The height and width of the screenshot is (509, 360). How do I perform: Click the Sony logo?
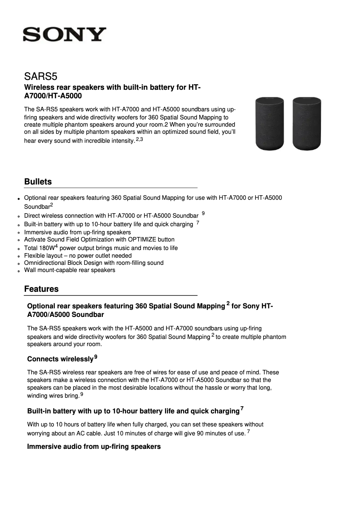[65, 35]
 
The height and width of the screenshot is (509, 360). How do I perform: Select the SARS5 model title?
[41, 76]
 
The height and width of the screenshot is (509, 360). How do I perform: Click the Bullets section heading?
[38, 182]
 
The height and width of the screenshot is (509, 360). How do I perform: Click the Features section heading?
[41, 289]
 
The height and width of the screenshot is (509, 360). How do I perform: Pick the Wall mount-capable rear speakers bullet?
[70, 270]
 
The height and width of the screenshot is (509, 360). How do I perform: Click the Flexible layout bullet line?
[78, 255]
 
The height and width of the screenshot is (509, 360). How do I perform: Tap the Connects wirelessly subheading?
[60, 359]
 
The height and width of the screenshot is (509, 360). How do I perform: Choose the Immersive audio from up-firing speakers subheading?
[94, 447]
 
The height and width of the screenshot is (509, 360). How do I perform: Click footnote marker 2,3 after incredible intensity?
[139, 140]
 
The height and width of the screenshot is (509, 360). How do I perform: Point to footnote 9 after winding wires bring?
[82, 395]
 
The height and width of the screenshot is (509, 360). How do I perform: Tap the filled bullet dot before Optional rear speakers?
[19, 198]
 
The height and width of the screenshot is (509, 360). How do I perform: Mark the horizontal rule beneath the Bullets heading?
[111, 188]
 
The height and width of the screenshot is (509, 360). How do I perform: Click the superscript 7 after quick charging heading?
[242, 408]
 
